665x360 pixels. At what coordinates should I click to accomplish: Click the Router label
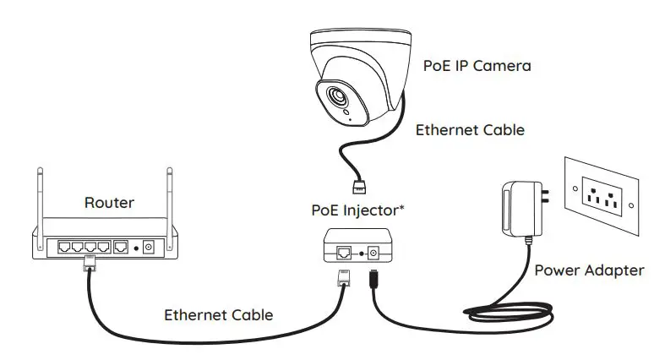tap(111, 203)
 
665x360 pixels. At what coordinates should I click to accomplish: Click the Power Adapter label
tap(589, 270)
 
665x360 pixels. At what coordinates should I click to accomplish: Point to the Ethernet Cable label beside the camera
tap(470, 130)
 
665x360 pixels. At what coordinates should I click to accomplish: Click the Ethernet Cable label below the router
tap(218, 315)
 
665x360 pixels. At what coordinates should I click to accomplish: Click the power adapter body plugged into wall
tap(516, 208)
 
